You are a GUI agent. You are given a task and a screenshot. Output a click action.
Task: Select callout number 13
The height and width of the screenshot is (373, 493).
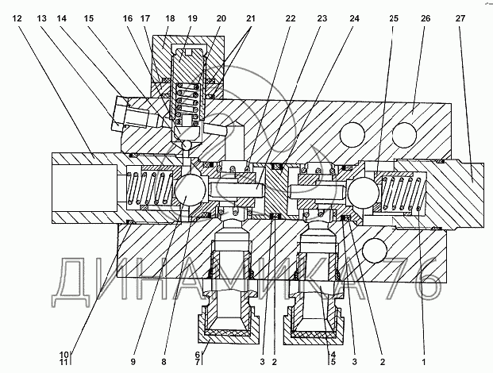[42, 17]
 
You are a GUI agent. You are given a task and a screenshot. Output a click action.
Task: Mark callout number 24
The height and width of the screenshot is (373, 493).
[330, 17]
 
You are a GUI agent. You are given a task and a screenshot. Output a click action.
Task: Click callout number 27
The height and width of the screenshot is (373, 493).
[461, 17]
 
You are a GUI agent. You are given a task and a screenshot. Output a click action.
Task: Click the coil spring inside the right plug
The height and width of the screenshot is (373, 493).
[402, 194]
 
